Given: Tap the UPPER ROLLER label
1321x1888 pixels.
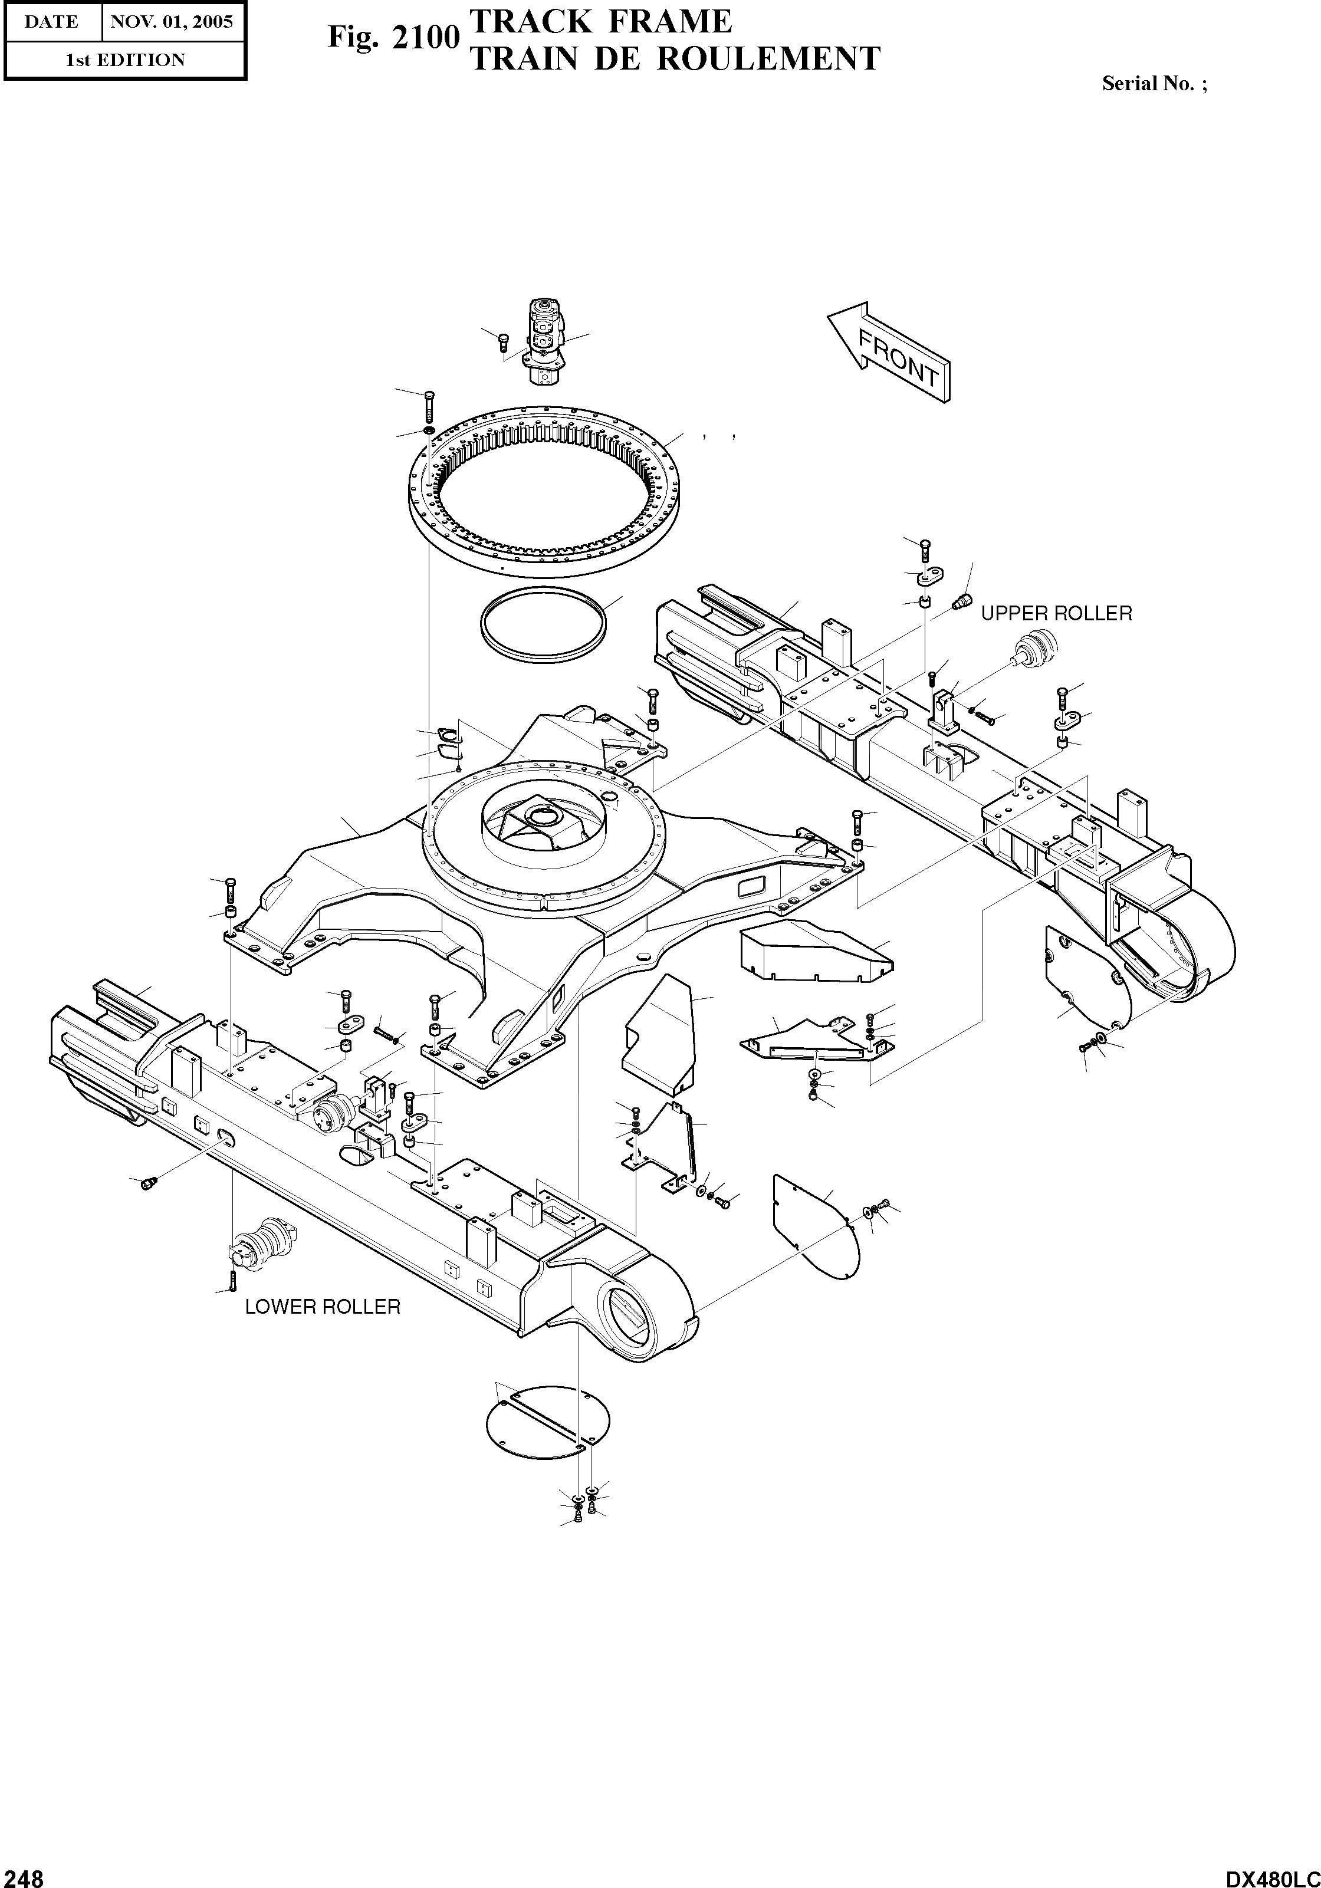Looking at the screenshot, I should (1056, 613).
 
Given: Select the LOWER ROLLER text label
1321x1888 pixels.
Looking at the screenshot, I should (323, 1307).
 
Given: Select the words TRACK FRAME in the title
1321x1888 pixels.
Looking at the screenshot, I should (600, 21).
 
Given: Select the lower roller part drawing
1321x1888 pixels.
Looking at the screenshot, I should (262, 1246).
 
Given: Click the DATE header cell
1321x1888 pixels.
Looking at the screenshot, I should (51, 21).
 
